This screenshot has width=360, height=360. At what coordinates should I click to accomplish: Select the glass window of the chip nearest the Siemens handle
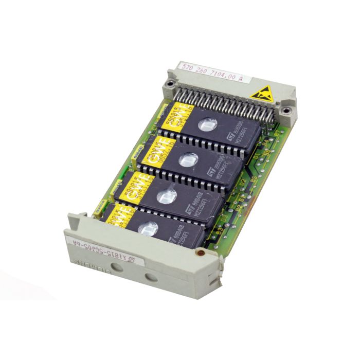click(148, 228)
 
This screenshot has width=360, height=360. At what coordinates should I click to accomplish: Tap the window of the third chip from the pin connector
click(167, 195)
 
